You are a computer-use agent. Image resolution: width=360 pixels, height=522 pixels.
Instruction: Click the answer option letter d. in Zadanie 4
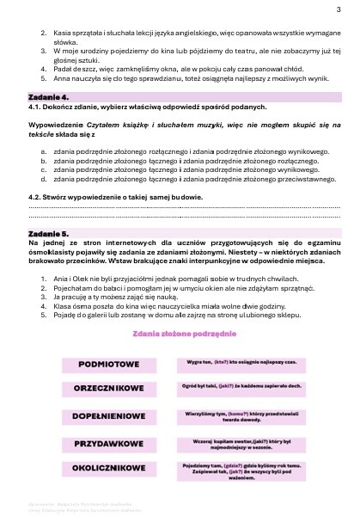pos(44,179)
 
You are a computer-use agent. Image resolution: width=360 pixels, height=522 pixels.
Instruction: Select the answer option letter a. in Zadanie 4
pos(44,150)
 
